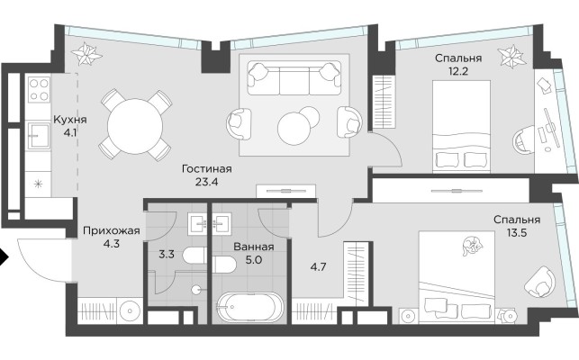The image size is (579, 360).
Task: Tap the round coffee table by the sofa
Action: [296, 127]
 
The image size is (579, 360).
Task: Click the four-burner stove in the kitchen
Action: [38, 90]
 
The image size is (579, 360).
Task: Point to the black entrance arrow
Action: [5, 258]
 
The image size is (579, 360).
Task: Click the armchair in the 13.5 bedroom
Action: [541, 281]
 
